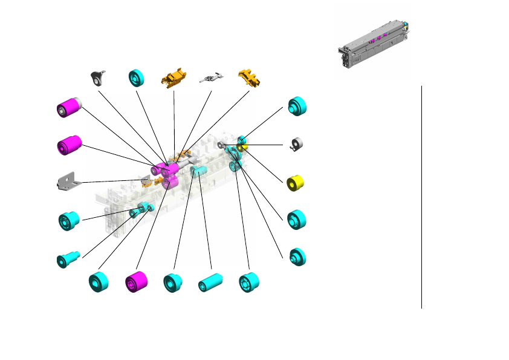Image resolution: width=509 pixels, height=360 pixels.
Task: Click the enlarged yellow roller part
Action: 294,183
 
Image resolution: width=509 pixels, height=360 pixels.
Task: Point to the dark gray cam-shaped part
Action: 98,77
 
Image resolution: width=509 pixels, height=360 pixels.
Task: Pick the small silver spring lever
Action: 211,78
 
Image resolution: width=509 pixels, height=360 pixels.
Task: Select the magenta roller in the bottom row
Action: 136,283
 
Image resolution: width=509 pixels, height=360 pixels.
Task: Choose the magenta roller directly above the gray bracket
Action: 68,145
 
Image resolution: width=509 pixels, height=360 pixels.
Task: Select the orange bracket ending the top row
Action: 248,77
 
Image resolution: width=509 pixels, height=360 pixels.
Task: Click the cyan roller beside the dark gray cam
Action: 137,77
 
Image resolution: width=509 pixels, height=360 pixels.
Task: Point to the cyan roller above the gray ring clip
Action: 297,106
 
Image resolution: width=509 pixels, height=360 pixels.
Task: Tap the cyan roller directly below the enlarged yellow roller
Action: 296,220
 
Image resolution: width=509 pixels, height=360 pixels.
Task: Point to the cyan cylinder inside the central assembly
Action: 199,172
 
